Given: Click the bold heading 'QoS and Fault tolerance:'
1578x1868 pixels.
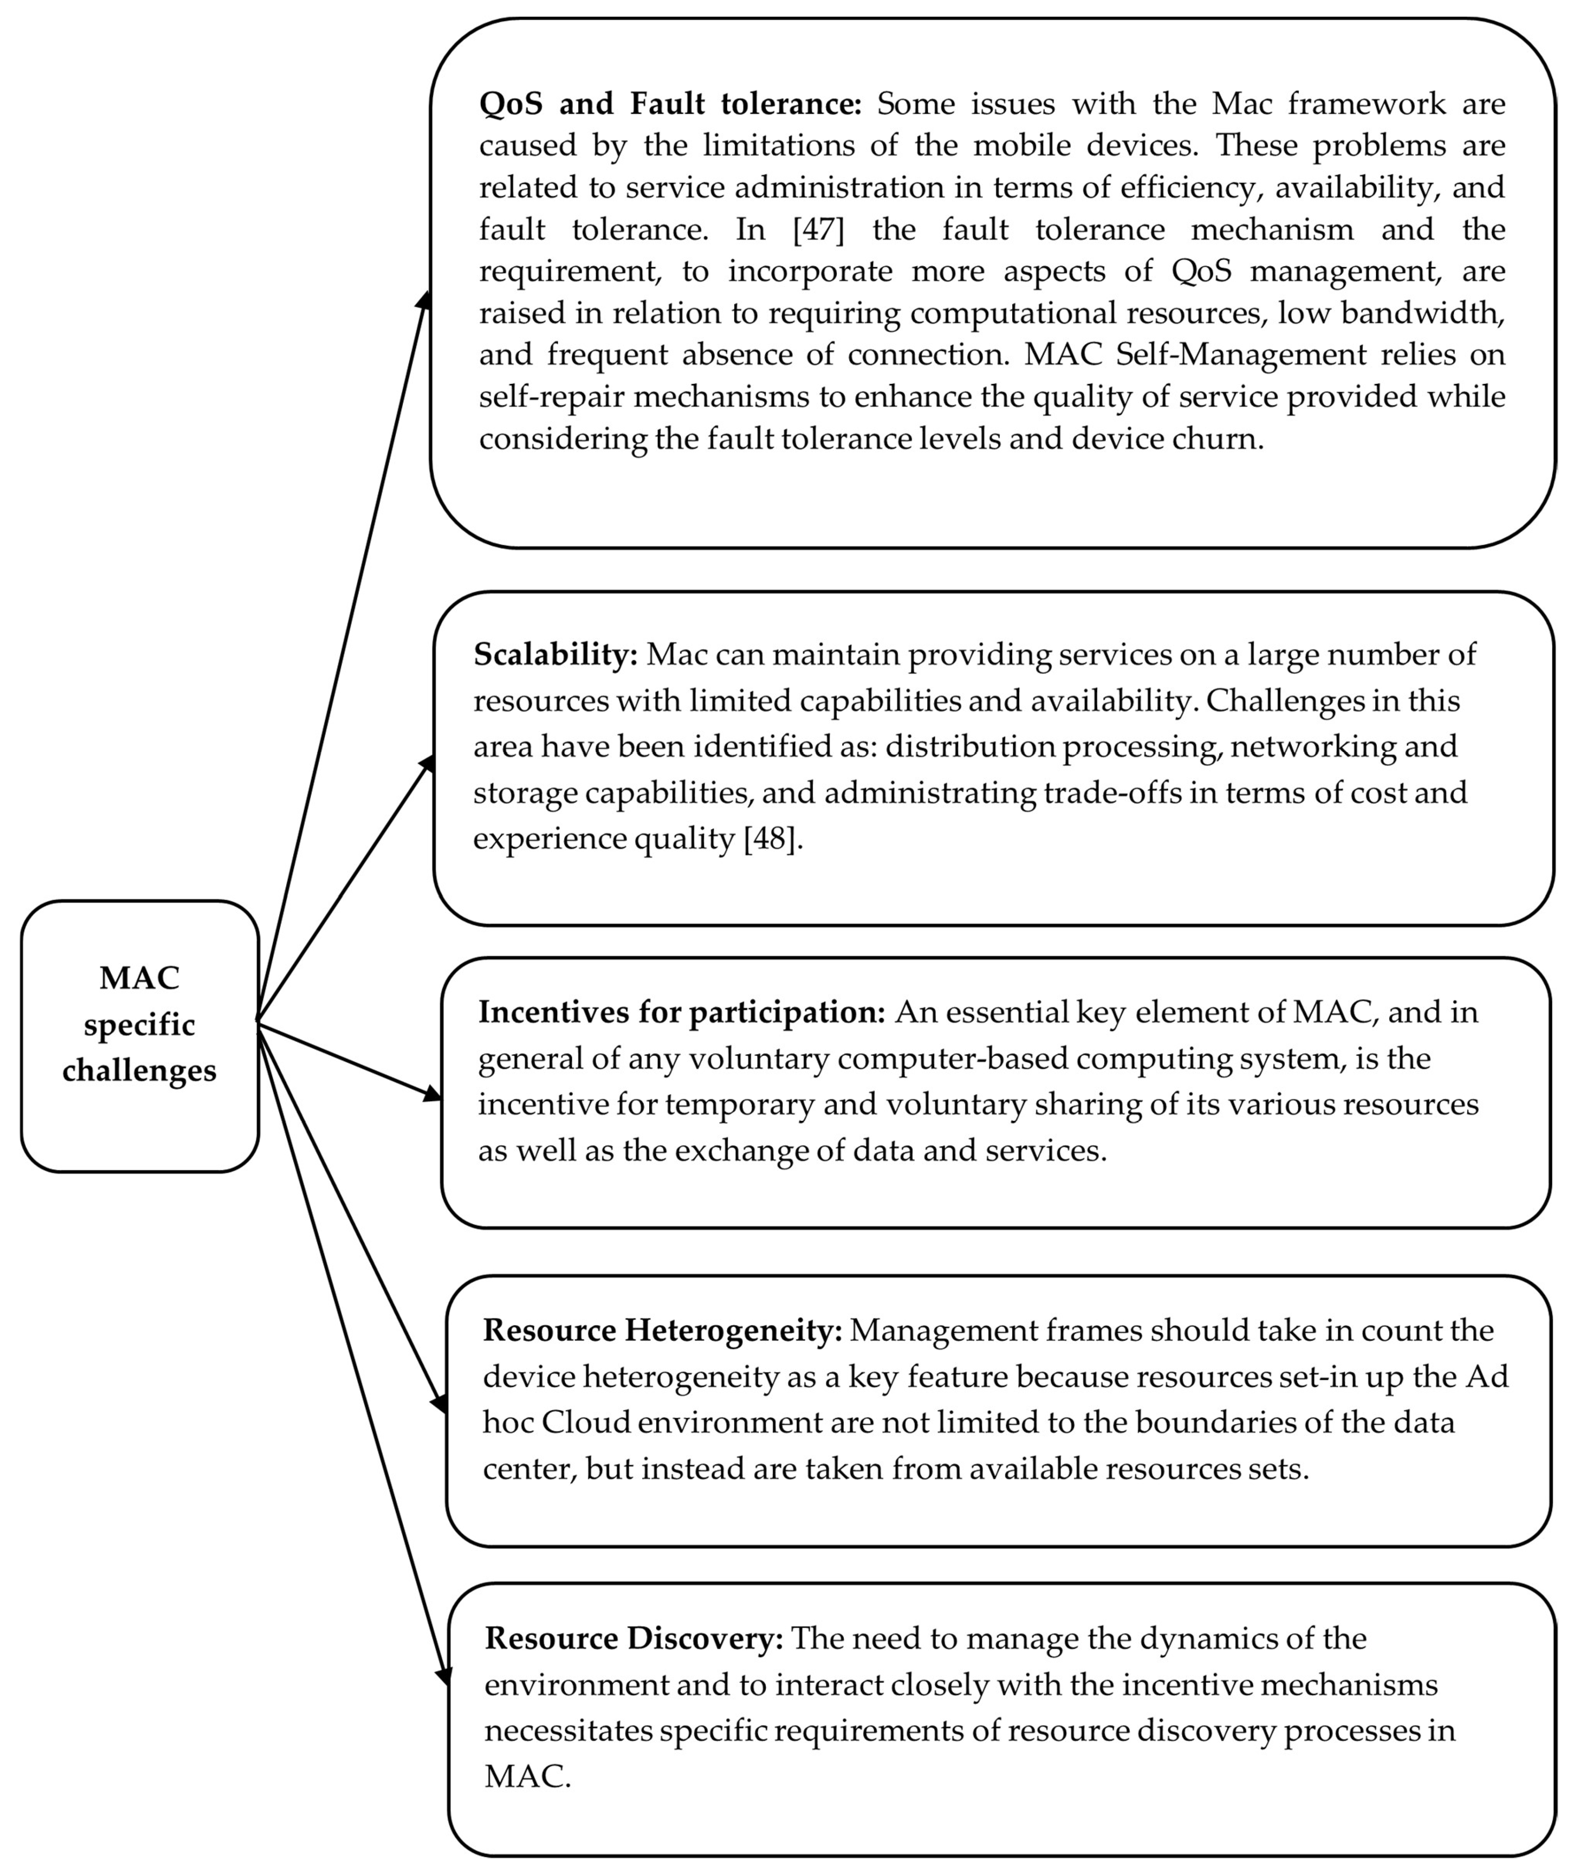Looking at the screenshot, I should [670, 104].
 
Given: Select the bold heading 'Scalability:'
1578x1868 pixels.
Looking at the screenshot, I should [555, 654].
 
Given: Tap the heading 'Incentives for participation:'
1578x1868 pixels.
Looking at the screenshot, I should [681, 1012].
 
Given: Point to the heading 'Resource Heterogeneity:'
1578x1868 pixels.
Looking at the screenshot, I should [662, 1330].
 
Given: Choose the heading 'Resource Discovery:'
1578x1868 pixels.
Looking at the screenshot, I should [633, 1638].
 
